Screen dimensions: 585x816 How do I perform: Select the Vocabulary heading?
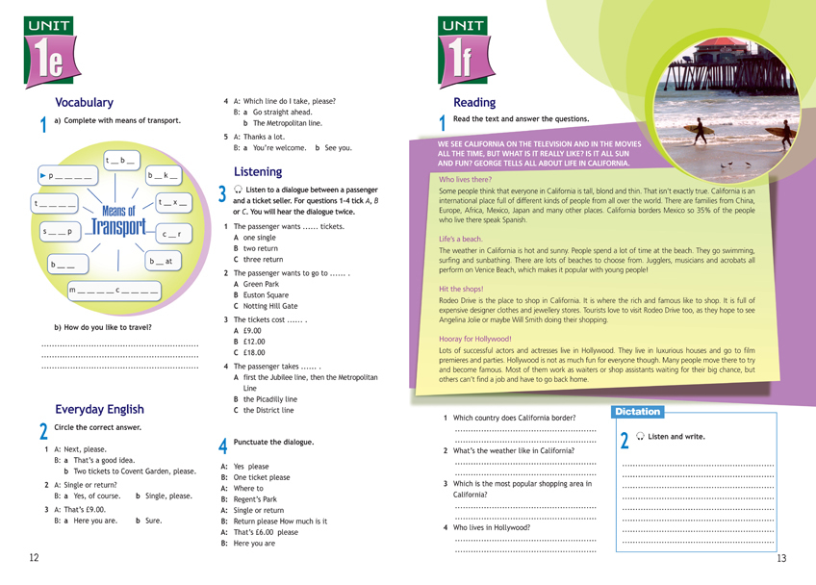click(84, 103)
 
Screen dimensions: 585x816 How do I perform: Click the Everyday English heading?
click(99, 409)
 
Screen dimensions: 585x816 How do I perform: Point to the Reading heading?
click(474, 103)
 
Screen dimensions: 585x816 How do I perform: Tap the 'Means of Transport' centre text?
click(117, 220)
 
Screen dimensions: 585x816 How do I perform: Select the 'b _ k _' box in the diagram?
click(163, 176)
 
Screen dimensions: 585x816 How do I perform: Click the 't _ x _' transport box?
click(173, 203)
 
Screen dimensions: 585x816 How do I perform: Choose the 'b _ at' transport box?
click(161, 261)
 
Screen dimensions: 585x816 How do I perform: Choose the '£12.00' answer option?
click(255, 342)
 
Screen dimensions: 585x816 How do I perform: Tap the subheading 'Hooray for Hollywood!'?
click(475, 339)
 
